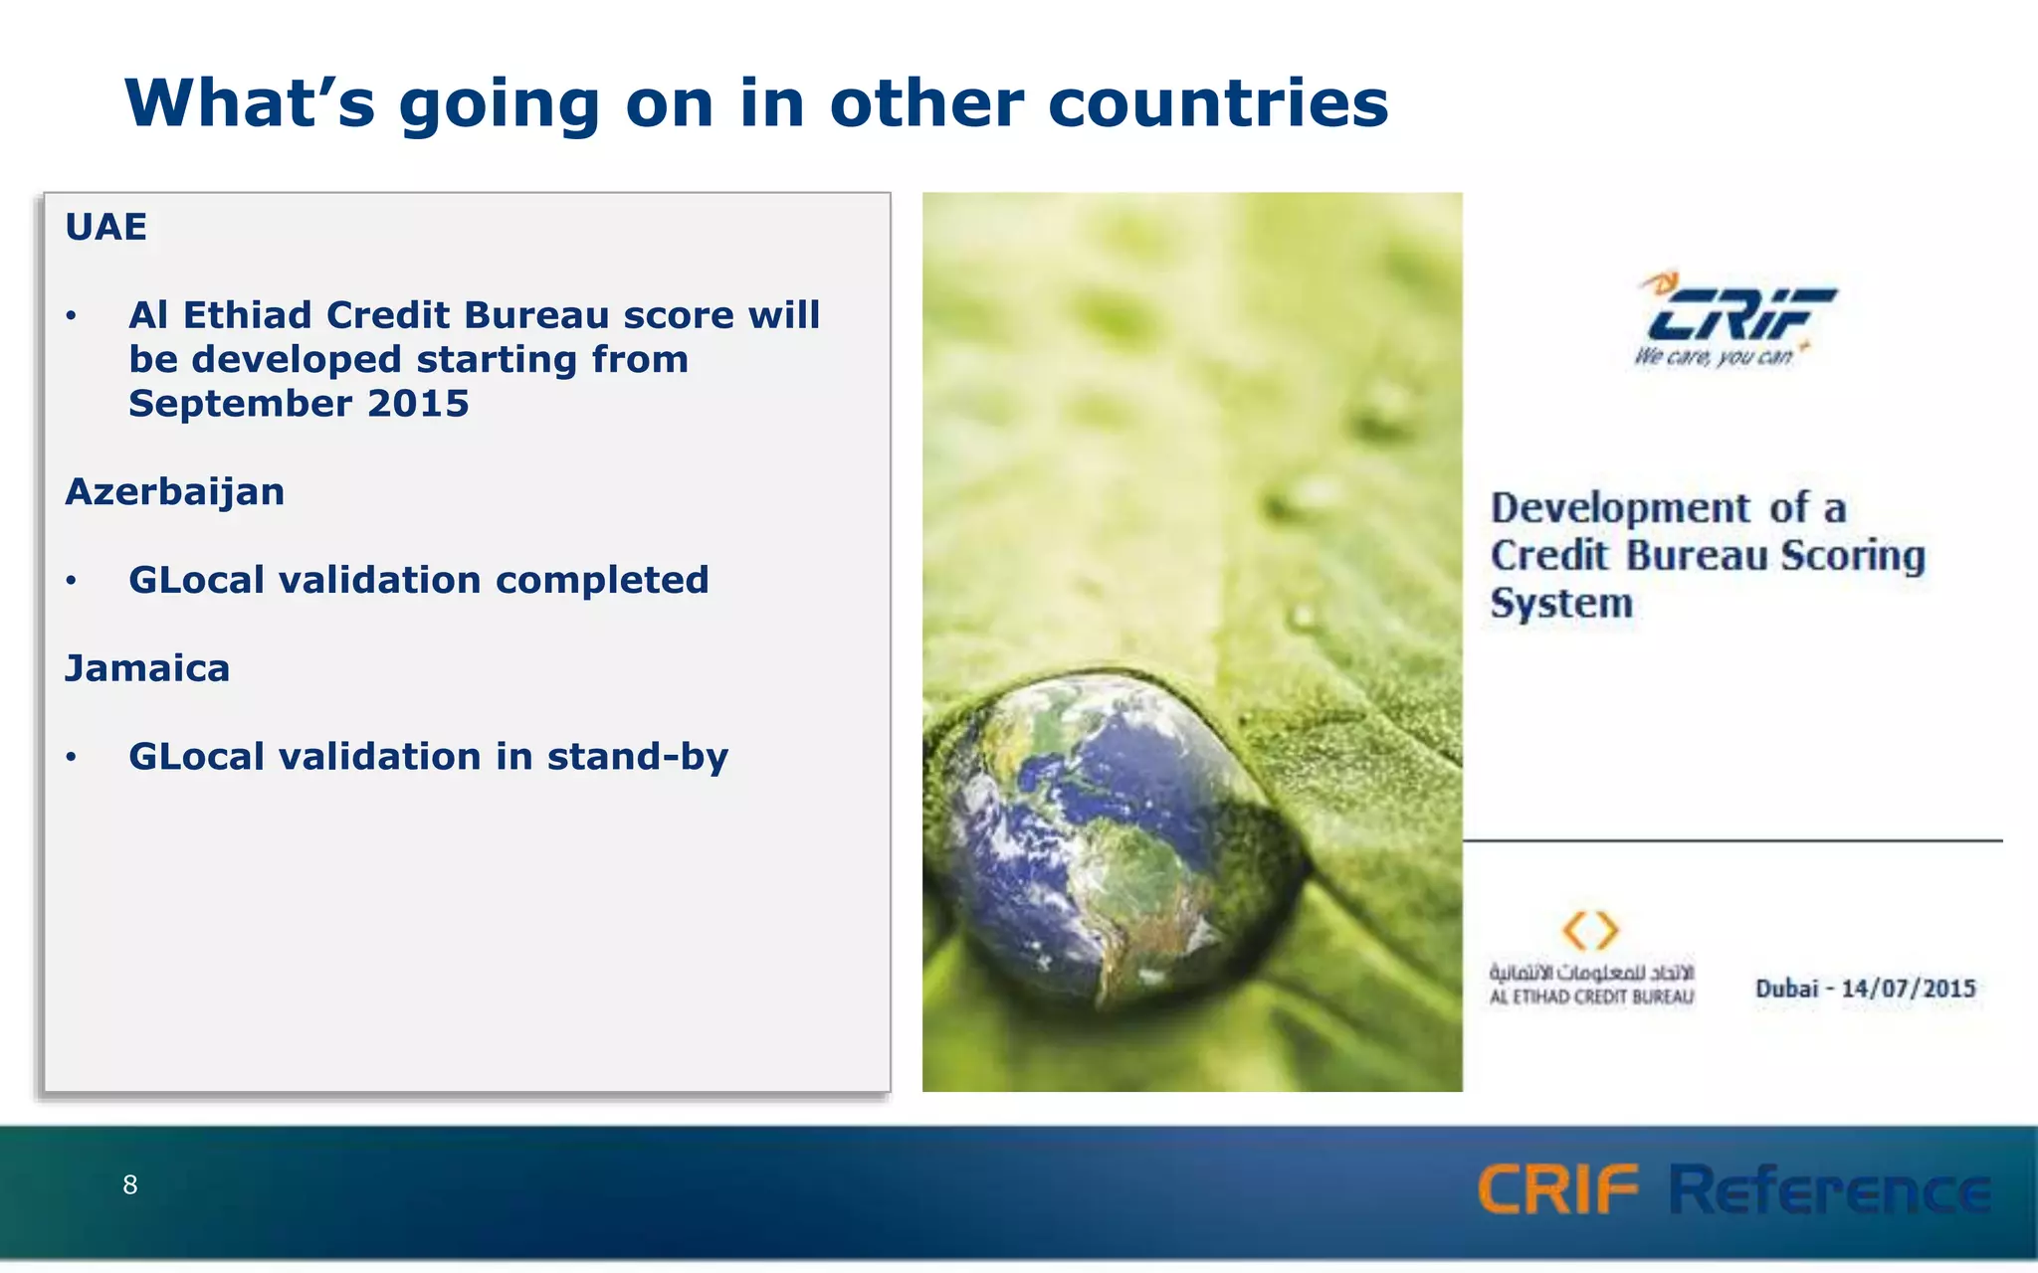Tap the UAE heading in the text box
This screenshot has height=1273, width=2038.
[105, 228]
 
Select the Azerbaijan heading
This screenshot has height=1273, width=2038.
[175, 492]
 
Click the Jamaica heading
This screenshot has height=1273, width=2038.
[147, 668]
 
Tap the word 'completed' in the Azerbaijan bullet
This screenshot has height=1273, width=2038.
[602, 580]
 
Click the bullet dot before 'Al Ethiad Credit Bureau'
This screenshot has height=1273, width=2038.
[71, 316]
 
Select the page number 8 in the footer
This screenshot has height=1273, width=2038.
[129, 1184]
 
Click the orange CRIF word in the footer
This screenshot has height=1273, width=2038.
[1557, 1189]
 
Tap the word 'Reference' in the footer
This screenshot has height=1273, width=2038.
[1829, 1189]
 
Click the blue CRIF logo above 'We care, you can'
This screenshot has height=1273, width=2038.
[1739, 311]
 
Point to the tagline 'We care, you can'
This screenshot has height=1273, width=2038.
[1714, 357]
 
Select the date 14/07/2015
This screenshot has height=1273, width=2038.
[1908, 989]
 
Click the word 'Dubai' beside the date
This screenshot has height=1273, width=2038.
[1786, 989]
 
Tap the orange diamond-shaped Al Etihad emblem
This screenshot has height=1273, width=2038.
[1590, 931]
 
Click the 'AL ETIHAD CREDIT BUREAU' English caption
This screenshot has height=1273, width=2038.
[1591, 998]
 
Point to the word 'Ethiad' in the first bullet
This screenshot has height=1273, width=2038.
[248, 315]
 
